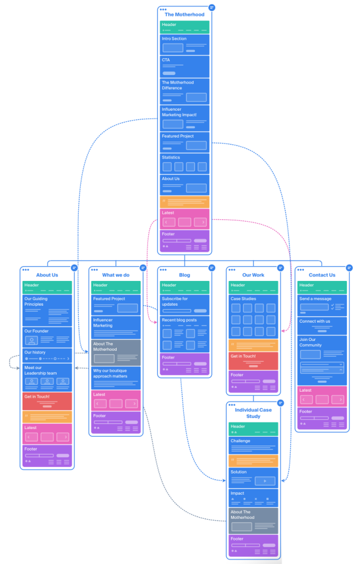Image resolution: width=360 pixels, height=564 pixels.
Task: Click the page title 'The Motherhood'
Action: pos(184,14)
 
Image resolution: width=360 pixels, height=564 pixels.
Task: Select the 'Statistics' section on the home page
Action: pos(184,163)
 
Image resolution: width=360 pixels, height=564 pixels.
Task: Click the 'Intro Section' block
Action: pos(184,44)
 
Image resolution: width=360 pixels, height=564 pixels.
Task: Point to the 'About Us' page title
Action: pos(47,275)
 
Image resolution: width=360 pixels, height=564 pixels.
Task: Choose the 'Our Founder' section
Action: pos(47,337)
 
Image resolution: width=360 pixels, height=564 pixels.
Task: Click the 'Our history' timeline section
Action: pos(47,355)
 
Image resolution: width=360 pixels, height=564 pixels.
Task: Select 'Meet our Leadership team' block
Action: pos(47,377)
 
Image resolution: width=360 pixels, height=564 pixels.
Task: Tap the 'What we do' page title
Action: pos(116,275)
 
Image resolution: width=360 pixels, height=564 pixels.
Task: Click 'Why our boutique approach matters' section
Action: pos(116,378)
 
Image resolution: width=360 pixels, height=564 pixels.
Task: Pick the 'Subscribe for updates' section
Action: pos(184,305)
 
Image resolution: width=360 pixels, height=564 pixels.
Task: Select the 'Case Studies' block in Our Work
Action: pos(253,316)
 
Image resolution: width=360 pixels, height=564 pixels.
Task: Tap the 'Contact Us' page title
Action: pos(322,275)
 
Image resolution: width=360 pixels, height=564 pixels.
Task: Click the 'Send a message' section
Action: pos(322,305)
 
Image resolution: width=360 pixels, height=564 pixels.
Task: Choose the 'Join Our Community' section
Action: pos(322,360)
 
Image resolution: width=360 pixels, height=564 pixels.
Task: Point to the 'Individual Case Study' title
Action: pos(253,413)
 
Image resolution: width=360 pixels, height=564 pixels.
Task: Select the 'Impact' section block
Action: pos(253,497)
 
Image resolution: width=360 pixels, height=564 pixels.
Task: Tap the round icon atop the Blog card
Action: pos(212,268)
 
